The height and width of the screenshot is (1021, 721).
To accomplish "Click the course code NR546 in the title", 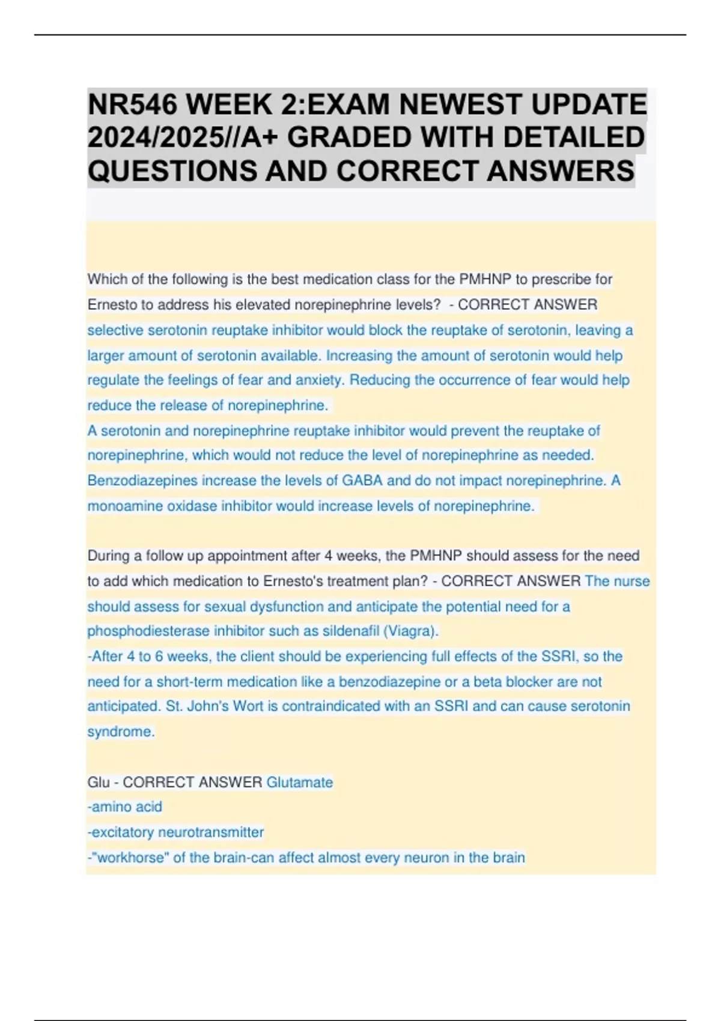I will [x=133, y=105].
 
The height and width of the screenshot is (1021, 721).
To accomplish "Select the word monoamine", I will [x=125, y=506].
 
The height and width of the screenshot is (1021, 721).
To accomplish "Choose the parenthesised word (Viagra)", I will [x=411, y=631].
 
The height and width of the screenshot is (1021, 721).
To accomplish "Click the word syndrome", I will [x=121, y=732].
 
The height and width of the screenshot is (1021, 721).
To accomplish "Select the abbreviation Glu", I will [x=99, y=783].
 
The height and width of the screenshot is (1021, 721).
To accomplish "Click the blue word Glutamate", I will [x=299, y=783].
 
